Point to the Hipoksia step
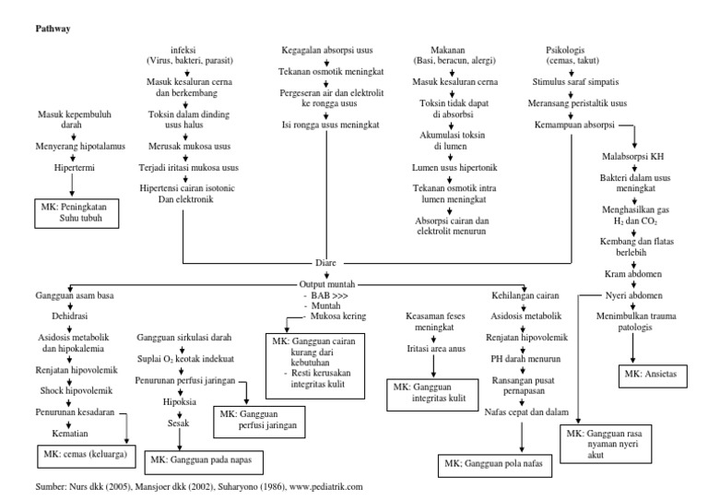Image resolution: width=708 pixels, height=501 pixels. [x=180, y=401]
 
